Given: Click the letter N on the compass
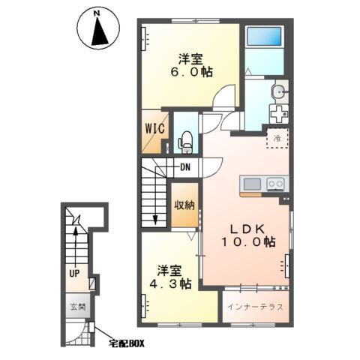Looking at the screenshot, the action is (97, 13).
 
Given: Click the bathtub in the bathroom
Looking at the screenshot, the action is (264, 36).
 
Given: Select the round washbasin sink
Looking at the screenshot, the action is (278, 92).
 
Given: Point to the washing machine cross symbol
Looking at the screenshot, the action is (279, 114).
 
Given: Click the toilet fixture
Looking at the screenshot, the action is (185, 142).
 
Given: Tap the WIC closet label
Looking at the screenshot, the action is (155, 129).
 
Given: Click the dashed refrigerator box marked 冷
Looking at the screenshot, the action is (277, 138).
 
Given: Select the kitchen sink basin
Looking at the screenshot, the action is (252, 184).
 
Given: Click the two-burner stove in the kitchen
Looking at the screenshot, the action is (276, 184).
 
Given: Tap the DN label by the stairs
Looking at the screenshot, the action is (185, 167).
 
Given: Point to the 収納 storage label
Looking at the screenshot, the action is (184, 205).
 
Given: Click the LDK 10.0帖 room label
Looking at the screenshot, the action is (248, 235).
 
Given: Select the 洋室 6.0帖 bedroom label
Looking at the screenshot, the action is (191, 66).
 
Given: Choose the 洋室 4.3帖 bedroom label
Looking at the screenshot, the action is (170, 277).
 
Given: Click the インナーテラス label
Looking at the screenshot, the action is (255, 307).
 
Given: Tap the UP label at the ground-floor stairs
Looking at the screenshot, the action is (74, 274).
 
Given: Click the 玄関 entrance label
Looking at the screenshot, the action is (78, 307).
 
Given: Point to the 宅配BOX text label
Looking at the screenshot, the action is (127, 343).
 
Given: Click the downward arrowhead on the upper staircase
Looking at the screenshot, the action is (155, 220).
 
